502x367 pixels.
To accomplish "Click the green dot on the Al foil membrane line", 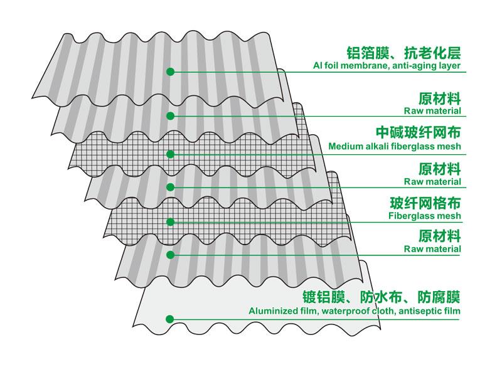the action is [x=170, y=72].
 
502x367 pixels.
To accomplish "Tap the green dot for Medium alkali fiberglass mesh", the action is [x=170, y=154].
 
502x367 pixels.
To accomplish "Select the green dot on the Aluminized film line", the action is [x=170, y=319].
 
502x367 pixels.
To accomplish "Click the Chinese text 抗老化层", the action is [x=432, y=53].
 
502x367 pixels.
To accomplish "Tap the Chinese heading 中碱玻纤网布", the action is [x=419, y=132].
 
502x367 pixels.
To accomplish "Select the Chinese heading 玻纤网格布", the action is [x=425, y=203].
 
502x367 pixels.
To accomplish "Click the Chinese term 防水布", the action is [x=381, y=297].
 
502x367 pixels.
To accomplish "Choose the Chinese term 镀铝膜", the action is [x=324, y=297].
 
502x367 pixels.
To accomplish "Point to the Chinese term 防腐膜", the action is [x=439, y=297].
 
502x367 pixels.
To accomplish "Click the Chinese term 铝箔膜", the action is [x=368, y=53].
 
